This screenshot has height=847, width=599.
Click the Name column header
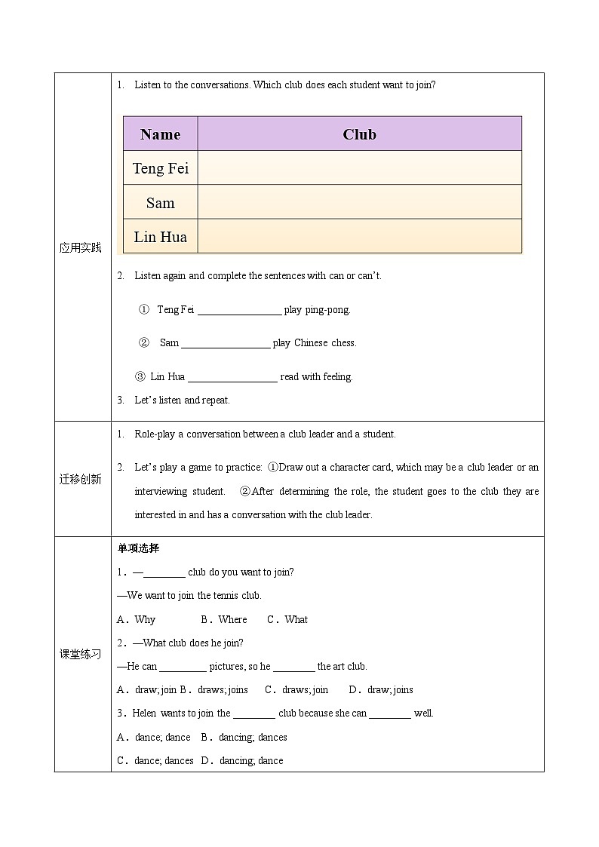160,134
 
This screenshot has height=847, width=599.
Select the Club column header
359,134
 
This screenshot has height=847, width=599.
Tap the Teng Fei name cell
160,168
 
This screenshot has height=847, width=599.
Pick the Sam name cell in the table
160,202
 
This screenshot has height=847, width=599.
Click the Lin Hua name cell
160,237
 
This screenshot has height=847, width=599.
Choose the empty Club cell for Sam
359,202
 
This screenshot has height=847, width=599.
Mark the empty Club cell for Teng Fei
359,168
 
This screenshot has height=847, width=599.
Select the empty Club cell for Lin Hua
359,237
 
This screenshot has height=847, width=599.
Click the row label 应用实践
81,247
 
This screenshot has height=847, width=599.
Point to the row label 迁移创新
81,479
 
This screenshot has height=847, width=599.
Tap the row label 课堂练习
81,654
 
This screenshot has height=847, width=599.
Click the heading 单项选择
139,548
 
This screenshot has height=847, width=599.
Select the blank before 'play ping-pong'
239,310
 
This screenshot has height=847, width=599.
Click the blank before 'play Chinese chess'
226,343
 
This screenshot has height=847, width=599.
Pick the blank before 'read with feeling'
232,377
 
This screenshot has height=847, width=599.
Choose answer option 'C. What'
287,619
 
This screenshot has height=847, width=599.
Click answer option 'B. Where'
224,619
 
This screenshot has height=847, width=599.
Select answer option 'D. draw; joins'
381,689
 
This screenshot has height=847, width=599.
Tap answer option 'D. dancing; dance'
242,760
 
